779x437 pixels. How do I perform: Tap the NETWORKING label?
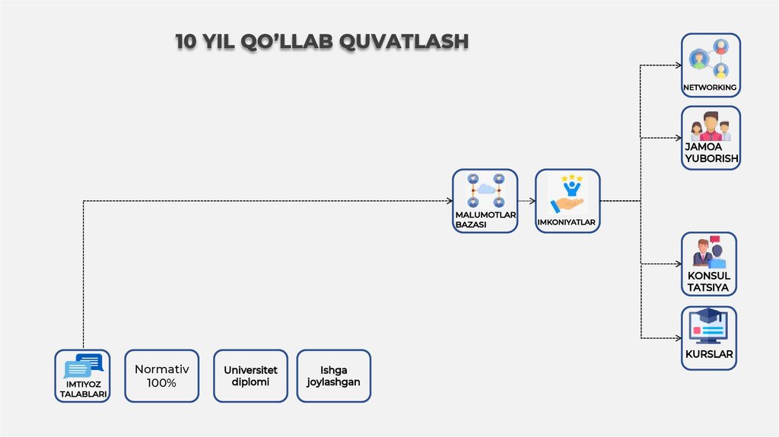tap(710, 88)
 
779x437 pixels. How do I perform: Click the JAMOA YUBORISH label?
tap(711, 153)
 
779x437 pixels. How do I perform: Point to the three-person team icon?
tap(711, 126)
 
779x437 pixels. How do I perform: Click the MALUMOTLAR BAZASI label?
tap(485, 220)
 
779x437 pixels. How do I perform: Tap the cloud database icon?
tap(485, 191)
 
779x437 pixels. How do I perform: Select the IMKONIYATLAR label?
tap(567, 223)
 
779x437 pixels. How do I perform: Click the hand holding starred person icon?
tap(568, 193)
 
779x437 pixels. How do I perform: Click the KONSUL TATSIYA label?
tap(709, 282)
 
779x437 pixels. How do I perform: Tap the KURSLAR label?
tap(709, 355)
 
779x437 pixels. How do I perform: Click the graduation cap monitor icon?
tap(709, 326)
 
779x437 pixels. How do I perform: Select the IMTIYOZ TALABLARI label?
tap(82, 389)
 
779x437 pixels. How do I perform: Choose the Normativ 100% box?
tap(161, 376)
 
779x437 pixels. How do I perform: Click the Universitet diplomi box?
tap(251, 376)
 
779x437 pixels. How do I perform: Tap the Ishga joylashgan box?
tap(333, 376)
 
